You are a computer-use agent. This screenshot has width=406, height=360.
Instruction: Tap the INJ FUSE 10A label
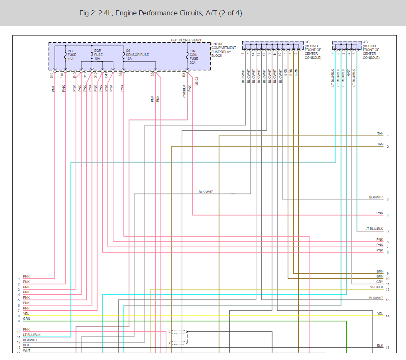(72, 54)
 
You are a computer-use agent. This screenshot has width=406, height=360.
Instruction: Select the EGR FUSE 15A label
(98, 54)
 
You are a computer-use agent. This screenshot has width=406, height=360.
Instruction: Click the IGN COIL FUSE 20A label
(193, 56)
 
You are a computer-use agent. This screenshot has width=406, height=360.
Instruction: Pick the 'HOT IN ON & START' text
(186, 40)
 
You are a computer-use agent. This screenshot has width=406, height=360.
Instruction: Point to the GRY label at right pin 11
(379, 282)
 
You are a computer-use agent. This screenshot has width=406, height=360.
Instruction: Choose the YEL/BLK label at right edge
(377, 287)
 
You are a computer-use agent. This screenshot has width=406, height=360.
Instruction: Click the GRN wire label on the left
(27, 319)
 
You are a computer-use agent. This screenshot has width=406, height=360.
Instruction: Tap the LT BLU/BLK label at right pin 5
(374, 229)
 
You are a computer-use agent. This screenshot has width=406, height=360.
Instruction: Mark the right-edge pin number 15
(387, 348)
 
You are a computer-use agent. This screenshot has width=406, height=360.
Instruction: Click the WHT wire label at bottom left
(27, 350)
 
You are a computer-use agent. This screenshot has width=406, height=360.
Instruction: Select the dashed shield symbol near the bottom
(178, 337)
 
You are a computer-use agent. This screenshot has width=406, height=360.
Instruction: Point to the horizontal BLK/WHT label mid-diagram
(206, 192)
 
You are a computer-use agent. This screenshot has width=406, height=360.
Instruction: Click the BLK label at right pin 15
(380, 346)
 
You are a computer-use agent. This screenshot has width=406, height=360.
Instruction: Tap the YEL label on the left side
(26, 314)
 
